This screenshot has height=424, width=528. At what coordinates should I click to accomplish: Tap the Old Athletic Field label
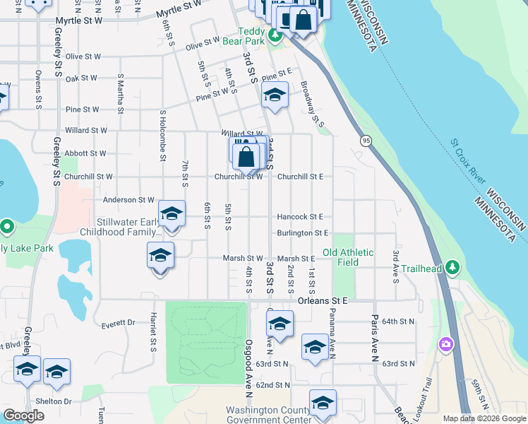coord(340,257)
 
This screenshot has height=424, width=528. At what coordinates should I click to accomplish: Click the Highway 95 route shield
coord(366,141)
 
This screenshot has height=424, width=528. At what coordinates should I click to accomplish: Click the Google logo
coord(23,416)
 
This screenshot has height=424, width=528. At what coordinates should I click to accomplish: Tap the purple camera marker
coord(445,344)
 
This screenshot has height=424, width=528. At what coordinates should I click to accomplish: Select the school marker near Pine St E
coord(275,94)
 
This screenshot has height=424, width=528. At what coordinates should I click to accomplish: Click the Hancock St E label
coord(300,217)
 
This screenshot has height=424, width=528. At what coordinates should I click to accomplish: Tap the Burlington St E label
coord(303,232)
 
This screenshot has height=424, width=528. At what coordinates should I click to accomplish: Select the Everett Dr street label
coord(117,323)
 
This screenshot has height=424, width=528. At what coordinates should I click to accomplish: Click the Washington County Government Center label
coord(268,415)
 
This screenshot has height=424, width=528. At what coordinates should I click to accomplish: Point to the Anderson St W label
coord(128,200)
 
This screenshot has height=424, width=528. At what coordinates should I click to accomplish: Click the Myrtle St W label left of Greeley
coord(78,20)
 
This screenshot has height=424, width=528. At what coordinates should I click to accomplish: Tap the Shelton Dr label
coord(59,401)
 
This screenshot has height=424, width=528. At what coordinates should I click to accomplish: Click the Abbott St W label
coord(85,153)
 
